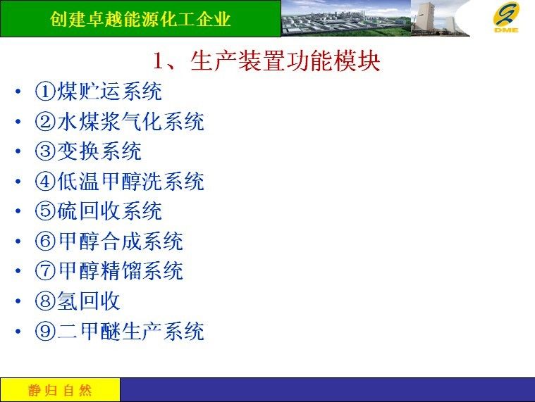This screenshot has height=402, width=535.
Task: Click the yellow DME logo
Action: pyautogui.click(x=506, y=17)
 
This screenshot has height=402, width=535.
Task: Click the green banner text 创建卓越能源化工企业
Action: pyautogui.click(x=140, y=19)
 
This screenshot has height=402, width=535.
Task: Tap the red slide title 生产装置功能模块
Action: pyautogui.click(x=285, y=61)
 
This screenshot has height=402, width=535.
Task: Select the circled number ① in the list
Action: pyautogui.click(x=45, y=92)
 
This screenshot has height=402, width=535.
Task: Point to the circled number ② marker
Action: pyautogui.click(x=45, y=121)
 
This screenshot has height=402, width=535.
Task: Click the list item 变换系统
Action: pyautogui.click(x=99, y=151)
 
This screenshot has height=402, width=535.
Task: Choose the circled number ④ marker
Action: pyautogui.click(x=45, y=181)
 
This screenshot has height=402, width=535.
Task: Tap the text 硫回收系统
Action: pyautogui.click(x=109, y=211)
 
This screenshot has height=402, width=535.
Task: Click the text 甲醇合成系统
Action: pyautogui.click(x=121, y=241)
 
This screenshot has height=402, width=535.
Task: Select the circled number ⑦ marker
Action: pyautogui.click(x=45, y=271)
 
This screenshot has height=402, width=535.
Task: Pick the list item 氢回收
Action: pyautogui.click(x=88, y=301)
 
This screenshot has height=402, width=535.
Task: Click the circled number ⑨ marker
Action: pyautogui.click(x=45, y=331)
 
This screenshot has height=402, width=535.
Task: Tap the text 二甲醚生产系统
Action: pyautogui.click(x=131, y=331)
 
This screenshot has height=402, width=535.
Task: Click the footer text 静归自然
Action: pyautogui.click(x=60, y=390)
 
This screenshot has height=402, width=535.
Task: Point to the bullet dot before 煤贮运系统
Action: pyautogui.click(x=18, y=92)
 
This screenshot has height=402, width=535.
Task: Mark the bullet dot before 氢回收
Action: pyautogui.click(x=18, y=301)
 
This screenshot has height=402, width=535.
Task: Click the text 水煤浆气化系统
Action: pyautogui.click(x=130, y=121)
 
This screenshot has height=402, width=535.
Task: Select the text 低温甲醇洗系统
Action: pyautogui.click(x=130, y=181)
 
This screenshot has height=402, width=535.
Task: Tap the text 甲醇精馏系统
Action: pyautogui.click(x=121, y=271)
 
